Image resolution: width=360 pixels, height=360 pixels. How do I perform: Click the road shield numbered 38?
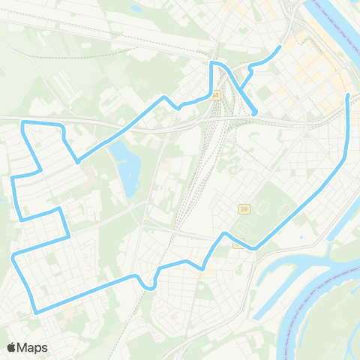coord(244,208)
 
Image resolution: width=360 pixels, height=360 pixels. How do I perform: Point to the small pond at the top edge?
coord(136,9)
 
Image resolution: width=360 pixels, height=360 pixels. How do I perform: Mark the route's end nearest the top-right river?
coord(280,47)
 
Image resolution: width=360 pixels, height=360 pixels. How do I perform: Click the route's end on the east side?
coord(347,94)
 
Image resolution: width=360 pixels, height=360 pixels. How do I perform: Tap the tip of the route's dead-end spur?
coord(255,114)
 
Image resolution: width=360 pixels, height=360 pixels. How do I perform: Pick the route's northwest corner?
coord(23,121)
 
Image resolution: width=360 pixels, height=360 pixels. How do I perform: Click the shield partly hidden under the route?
coord(238,243)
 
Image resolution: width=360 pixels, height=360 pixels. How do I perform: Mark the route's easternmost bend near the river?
coord(344,157)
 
